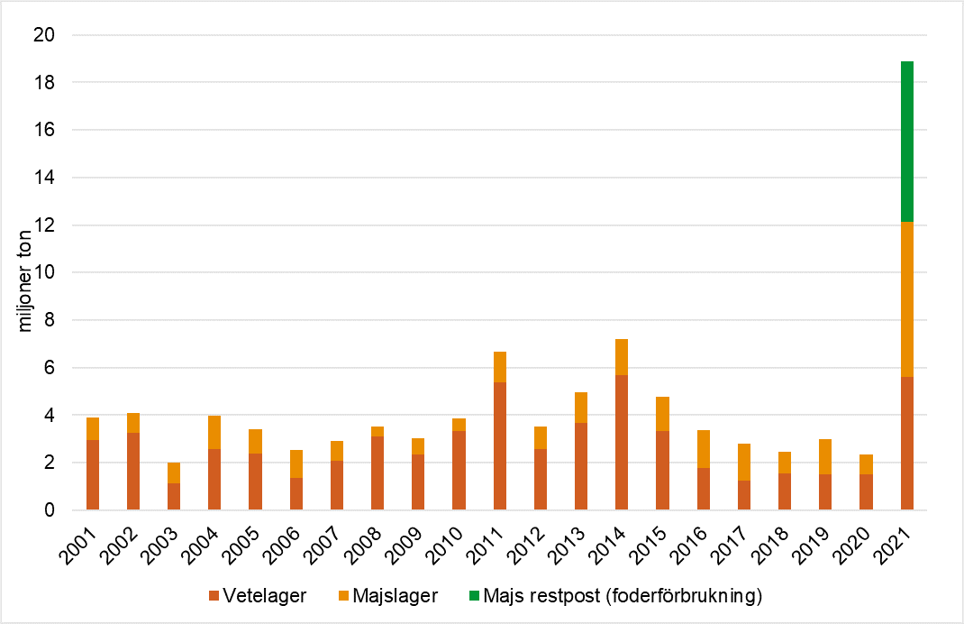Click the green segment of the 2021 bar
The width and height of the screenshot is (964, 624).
[x=907, y=141]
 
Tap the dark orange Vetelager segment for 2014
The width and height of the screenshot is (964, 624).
[x=622, y=442]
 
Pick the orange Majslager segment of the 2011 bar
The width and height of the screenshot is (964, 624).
[x=499, y=367]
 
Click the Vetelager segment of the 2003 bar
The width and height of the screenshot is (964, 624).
[x=173, y=496]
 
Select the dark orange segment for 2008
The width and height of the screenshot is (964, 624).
[x=377, y=473]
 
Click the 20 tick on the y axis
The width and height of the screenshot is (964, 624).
[x=47, y=35]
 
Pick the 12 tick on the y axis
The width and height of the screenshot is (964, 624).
[x=47, y=225]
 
